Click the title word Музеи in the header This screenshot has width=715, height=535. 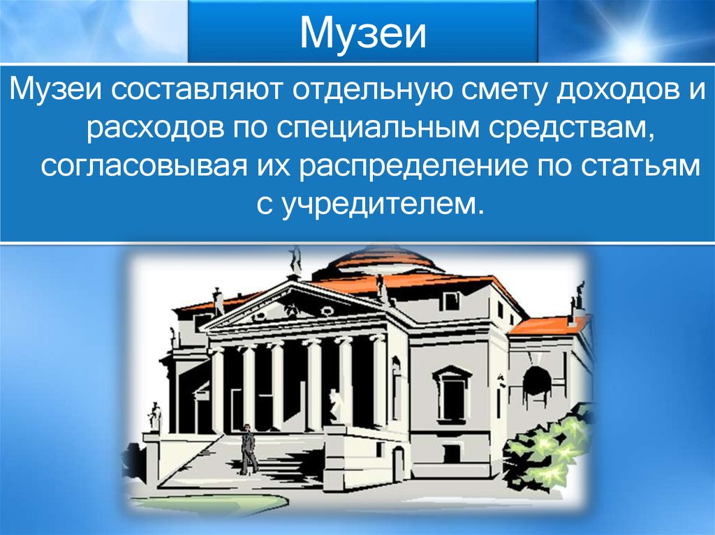[363, 32]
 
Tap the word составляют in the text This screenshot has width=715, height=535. [196, 89]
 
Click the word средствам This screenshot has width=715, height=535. [569, 128]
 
